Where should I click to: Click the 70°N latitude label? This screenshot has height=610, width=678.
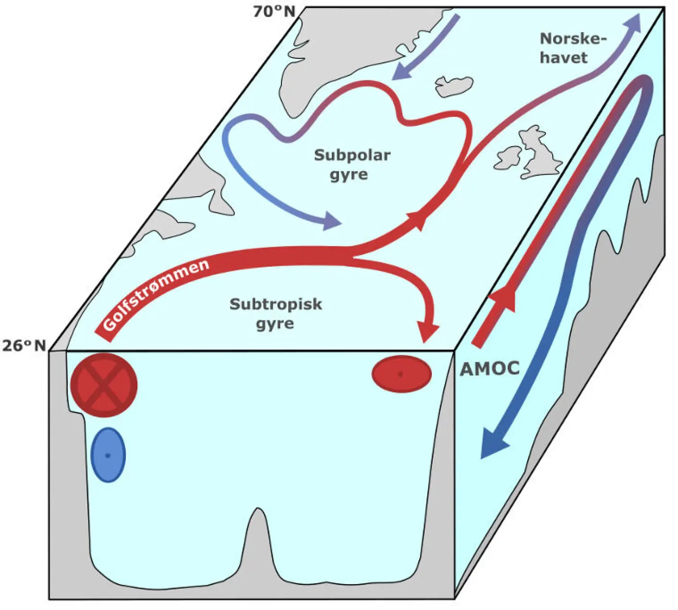tap(274, 11)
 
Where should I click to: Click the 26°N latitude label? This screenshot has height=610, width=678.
tap(24, 345)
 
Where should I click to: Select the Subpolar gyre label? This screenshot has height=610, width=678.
tap(352, 164)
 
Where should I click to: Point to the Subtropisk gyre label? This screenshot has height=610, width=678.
tap(276, 314)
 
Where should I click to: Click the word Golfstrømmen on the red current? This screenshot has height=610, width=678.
tap(157, 295)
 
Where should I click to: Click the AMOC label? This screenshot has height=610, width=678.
tap(490, 368)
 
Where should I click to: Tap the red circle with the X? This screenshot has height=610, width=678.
tap(104, 385)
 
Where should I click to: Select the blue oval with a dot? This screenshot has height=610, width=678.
tap(108, 455)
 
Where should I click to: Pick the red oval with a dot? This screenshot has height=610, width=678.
tap(401, 374)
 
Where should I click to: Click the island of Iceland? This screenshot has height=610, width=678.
tap(453, 86)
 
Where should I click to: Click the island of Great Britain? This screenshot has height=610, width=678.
tap(540, 151)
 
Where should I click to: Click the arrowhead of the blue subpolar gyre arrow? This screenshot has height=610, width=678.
tap(330, 221)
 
